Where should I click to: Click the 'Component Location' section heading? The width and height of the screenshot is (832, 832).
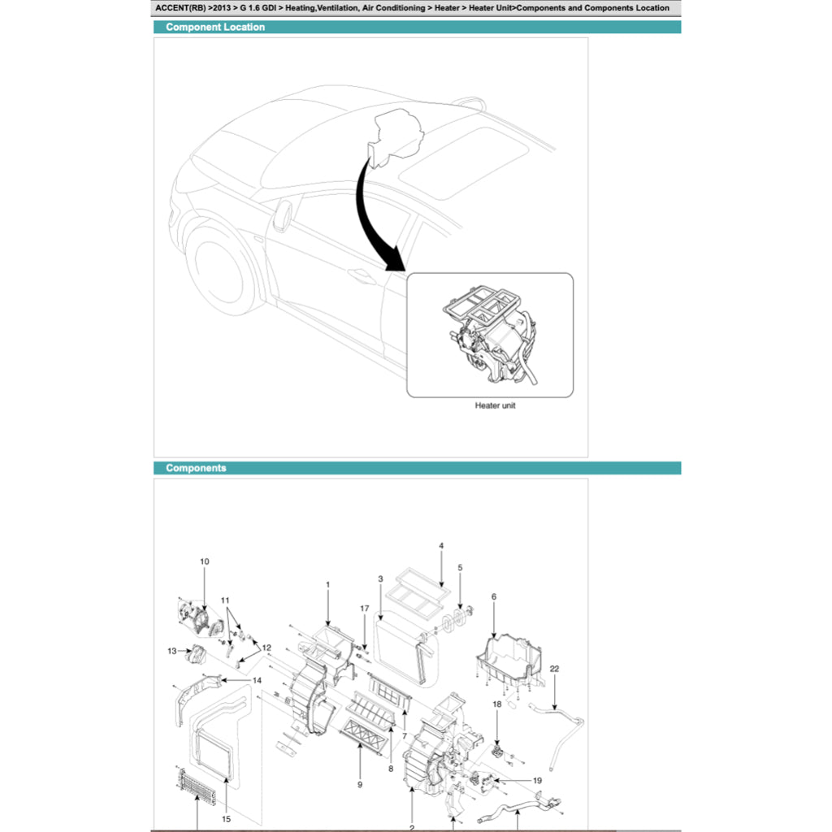pos(215,27)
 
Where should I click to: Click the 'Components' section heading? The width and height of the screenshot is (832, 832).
pos(196,468)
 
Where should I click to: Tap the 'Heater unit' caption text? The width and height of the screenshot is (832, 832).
pos(495,405)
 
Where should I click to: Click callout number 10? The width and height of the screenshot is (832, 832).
pos(204,561)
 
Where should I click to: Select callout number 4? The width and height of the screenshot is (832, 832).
pos(441,546)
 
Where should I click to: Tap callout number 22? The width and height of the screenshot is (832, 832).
pos(555,669)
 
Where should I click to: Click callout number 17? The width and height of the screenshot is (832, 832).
pos(365,609)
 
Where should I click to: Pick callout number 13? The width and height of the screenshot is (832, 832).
pos(172,651)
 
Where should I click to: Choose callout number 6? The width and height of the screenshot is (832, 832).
pos(493,596)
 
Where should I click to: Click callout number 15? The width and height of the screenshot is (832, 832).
pos(227,819)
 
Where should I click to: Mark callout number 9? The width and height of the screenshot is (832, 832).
pos(360,785)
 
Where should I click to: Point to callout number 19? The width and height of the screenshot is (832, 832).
pos(537,781)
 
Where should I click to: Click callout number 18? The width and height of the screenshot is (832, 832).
pos(497,704)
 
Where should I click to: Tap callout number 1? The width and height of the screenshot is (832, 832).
pos(327,584)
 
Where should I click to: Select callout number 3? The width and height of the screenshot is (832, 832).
pos(380,579)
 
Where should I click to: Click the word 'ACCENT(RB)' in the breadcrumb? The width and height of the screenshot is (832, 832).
pos(180,8)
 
